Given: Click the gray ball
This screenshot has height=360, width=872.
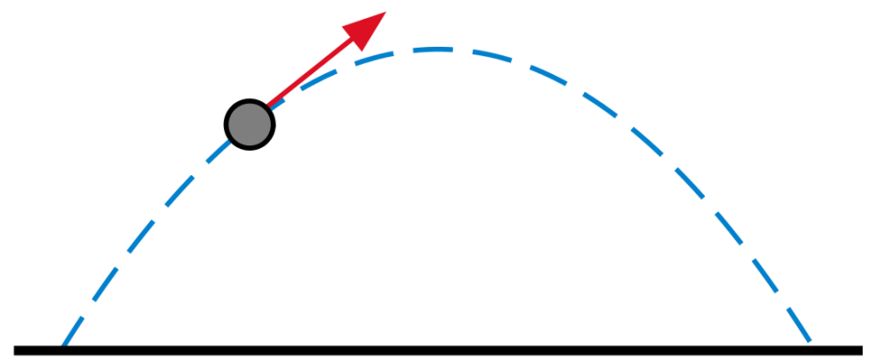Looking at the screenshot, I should click(x=249, y=123).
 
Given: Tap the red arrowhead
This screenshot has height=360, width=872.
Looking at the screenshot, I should click(x=368, y=25).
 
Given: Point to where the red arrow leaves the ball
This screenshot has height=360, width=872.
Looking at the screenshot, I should click(x=268, y=105).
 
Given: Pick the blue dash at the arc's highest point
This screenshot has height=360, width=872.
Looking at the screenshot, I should click(x=434, y=49).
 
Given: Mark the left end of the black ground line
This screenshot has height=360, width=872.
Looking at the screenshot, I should click(x=15, y=351).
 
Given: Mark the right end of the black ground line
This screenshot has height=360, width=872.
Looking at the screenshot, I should click(x=861, y=351).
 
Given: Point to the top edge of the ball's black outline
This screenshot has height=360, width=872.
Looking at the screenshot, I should click(x=249, y=98).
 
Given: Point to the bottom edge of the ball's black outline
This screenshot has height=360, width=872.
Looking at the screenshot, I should click(x=249, y=147).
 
